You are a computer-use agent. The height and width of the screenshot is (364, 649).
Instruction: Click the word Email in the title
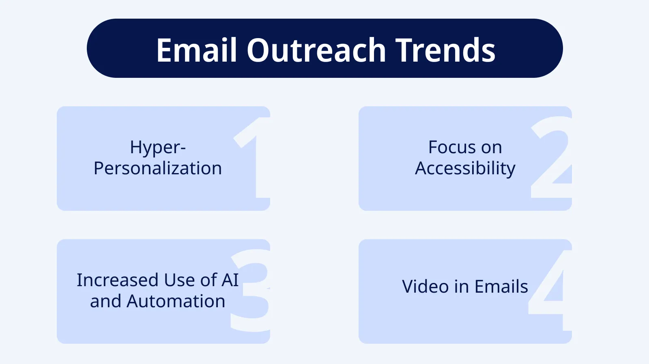click(x=196, y=50)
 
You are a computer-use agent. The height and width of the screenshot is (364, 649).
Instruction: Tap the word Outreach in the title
click(x=316, y=50)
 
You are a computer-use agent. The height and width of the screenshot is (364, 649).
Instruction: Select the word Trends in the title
click(x=445, y=50)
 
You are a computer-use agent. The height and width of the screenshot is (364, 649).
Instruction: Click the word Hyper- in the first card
click(x=158, y=148)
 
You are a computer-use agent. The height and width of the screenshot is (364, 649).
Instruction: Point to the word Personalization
click(x=158, y=169)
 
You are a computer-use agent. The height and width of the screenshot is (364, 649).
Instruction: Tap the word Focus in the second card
click(x=448, y=148)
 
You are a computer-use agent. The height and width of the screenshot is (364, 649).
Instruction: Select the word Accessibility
click(x=465, y=169)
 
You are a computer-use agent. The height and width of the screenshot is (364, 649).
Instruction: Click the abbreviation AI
click(x=230, y=280)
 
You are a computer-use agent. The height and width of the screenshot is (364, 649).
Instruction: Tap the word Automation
click(x=176, y=302)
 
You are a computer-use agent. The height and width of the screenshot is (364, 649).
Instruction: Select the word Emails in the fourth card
click(x=501, y=287)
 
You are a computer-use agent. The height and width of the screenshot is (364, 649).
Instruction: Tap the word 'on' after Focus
click(x=492, y=148)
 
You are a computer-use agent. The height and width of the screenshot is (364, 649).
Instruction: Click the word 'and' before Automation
click(x=105, y=302)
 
